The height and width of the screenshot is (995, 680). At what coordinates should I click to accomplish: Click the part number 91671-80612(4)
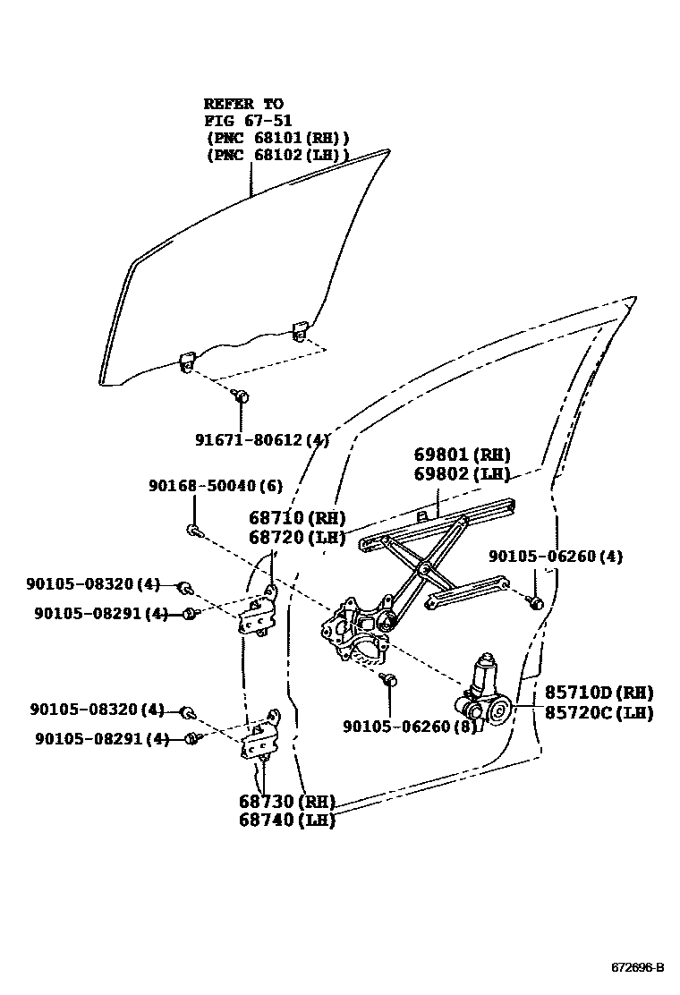262,439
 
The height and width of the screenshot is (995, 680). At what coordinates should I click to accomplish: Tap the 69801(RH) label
462,455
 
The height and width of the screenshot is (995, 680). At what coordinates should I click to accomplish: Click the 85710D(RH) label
599,693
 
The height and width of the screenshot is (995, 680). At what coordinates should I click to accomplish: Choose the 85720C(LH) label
599,713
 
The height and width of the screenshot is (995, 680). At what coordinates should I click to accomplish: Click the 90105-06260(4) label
556,557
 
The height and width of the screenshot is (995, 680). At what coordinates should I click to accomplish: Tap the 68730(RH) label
286,801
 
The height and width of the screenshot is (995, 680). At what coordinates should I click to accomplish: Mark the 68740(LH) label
286,820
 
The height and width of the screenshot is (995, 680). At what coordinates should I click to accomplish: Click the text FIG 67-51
248,120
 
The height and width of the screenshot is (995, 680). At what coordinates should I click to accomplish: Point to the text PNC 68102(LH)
277,154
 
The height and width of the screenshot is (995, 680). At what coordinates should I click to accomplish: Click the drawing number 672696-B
638,967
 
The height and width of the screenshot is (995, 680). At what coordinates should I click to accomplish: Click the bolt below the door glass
240,395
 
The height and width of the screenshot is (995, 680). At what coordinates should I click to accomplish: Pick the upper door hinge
256,614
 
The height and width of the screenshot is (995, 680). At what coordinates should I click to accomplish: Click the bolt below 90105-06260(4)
534,602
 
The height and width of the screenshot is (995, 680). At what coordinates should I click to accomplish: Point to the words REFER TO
242,104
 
